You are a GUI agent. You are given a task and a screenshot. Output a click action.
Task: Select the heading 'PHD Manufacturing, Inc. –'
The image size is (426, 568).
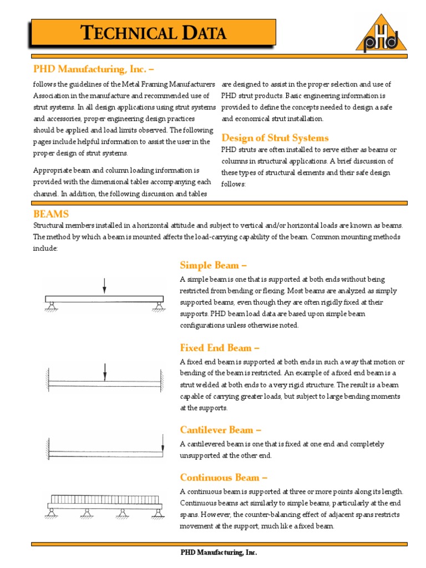click(x=94, y=69)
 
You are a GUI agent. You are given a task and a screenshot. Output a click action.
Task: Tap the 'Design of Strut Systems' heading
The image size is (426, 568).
click(x=275, y=138)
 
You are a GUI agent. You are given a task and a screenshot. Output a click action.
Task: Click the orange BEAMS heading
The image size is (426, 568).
click(x=51, y=214)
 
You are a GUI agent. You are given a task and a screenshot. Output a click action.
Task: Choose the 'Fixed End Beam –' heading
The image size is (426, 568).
click(x=220, y=348)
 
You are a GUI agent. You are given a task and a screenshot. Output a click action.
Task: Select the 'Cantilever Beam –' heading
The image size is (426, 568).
click(x=220, y=430)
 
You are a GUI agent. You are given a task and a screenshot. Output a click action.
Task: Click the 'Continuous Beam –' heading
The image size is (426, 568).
click(x=224, y=478)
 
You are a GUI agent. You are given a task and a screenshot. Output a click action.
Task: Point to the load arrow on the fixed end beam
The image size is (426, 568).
click(x=104, y=372)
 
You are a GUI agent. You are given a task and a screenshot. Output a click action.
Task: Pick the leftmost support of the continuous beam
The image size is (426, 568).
click(x=51, y=514)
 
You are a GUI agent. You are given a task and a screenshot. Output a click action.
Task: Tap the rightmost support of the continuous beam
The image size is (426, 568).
click(x=159, y=514)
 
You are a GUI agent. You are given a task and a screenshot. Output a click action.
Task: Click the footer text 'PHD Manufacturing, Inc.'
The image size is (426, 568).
click(x=219, y=552)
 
